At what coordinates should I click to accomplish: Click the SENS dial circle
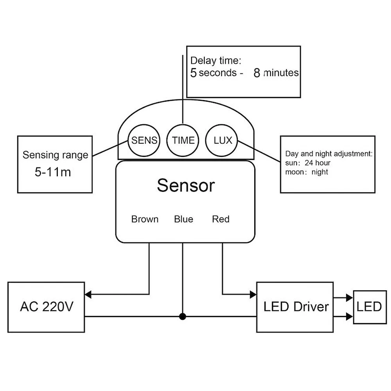[x=143, y=140]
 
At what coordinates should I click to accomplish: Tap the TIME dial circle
[x=183, y=140]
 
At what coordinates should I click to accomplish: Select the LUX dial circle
[x=222, y=140]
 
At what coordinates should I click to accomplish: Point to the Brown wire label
[x=145, y=219]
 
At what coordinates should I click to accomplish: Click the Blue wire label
[x=183, y=219]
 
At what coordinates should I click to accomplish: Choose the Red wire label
[x=221, y=219]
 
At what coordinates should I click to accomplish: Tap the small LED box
[x=369, y=307]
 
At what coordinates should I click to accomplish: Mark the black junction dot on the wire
[x=183, y=316]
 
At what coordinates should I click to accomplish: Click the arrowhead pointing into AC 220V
[x=89, y=294]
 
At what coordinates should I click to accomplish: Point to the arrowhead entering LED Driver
[x=253, y=294]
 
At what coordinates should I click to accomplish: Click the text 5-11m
[x=53, y=172]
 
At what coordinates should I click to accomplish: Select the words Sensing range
[x=55, y=155]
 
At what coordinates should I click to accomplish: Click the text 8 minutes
[x=276, y=73]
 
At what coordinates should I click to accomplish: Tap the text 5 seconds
[x=213, y=73]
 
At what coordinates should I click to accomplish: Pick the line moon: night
[x=307, y=172]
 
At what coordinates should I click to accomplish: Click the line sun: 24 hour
[x=308, y=163]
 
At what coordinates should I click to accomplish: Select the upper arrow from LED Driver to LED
[x=343, y=298]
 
